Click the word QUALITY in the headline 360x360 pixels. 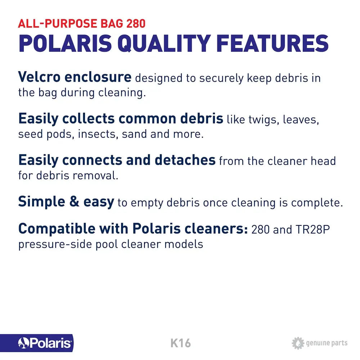coord(164,44)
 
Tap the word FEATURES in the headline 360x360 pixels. coord(273,44)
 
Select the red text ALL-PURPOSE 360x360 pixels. coord(57,23)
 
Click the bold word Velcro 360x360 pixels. coord(39,77)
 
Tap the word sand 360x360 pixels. coord(134,134)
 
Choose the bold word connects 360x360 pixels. coord(92,160)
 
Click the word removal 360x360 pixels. coord(95,176)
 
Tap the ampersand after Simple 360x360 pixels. coord(74,201)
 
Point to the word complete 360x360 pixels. coord(317,203)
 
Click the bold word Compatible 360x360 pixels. coord(57,229)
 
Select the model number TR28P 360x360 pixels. coord(312,229)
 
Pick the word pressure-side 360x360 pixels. coord(55,244)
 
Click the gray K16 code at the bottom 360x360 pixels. coord(181,343)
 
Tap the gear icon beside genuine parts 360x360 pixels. coord(298,343)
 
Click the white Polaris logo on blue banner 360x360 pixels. coord(45,343)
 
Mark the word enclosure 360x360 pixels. coord(98,77)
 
